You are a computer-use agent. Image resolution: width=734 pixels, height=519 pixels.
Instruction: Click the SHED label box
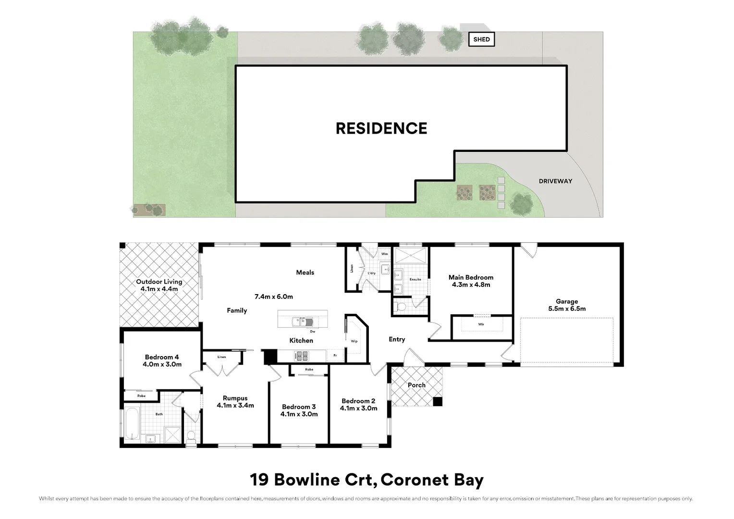pyautogui.click(x=481, y=39)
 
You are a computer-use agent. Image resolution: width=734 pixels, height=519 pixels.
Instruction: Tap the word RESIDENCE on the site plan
pyautogui.click(x=381, y=128)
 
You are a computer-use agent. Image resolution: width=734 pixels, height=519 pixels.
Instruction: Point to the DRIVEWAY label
pyautogui.click(x=555, y=181)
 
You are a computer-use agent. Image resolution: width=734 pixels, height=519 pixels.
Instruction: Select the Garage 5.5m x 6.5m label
pyautogui.click(x=567, y=305)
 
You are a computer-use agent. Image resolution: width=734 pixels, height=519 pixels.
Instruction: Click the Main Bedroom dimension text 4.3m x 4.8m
pyautogui.click(x=471, y=284)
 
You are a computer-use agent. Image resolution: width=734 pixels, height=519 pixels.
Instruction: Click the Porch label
pyautogui.click(x=416, y=385)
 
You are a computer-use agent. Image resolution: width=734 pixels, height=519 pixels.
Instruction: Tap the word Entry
pyautogui.click(x=397, y=339)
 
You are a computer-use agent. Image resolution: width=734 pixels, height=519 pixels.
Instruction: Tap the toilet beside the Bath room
pyautogui.click(x=191, y=436)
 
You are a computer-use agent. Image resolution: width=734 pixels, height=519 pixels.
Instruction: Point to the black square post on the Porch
pyautogui.click(x=437, y=402)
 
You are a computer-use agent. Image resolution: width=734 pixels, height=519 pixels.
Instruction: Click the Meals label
pyautogui.click(x=305, y=272)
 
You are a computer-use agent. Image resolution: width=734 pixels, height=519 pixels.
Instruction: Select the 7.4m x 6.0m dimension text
pyautogui.click(x=274, y=297)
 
